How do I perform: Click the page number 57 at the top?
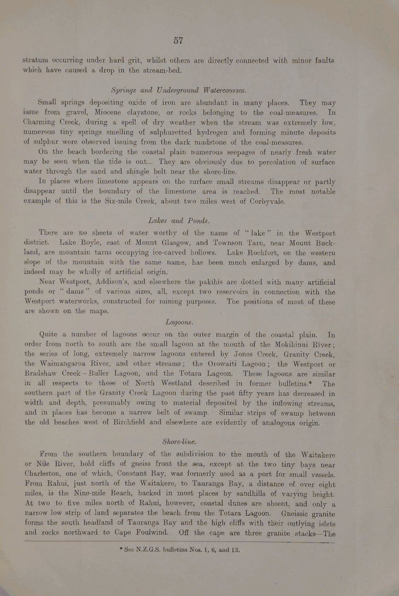[x=178, y=40]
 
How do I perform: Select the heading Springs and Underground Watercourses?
[x=178, y=91]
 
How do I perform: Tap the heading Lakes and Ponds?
[x=178, y=220]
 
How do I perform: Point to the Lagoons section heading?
[x=178, y=322]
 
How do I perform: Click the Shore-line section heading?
[x=178, y=441]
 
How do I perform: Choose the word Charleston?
[x=49, y=474]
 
